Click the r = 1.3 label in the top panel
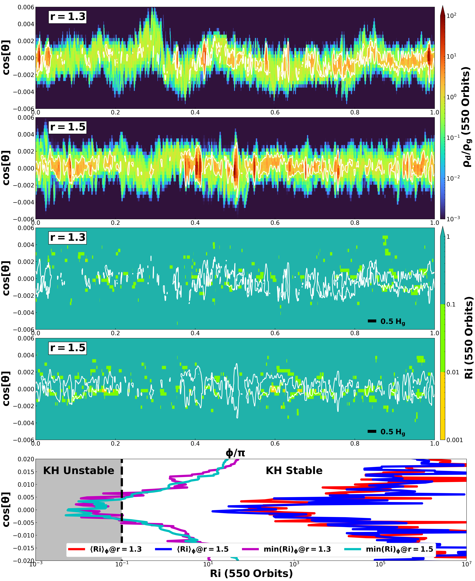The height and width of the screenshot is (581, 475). (x=68, y=17)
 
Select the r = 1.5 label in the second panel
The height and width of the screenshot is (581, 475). (x=68, y=127)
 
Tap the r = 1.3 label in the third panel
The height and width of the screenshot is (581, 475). (x=68, y=237)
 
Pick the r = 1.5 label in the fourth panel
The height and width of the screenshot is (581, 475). (x=68, y=348)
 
